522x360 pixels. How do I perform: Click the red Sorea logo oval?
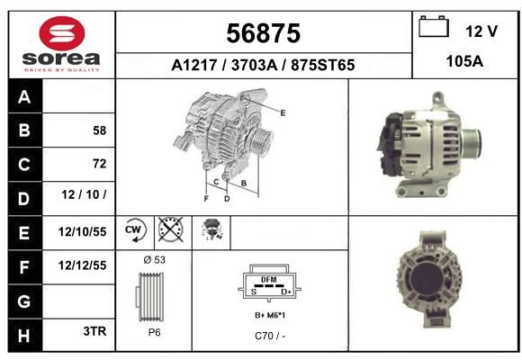click(x=62, y=33)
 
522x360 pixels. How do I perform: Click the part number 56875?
click(x=264, y=33)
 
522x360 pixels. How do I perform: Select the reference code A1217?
click(x=194, y=65)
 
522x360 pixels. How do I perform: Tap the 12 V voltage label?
click(x=481, y=31)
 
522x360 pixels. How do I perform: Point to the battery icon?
click(x=434, y=26)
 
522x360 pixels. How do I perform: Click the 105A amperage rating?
click(x=464, y=61)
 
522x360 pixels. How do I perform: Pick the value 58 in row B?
click(x=100, y=130)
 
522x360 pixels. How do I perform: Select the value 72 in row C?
click(x=100, y=164)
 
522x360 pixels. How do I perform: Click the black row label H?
click(x=25, y=335)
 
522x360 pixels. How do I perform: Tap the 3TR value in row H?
click(x=94, y=331)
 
